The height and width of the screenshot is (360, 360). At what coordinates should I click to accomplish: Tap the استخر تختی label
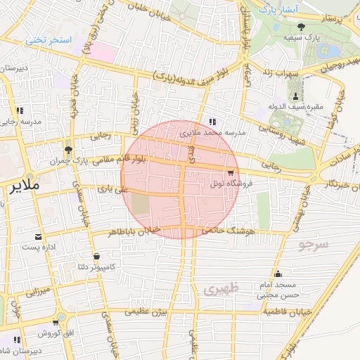point(49,40)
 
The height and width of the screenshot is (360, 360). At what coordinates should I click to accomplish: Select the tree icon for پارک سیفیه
point(302,26)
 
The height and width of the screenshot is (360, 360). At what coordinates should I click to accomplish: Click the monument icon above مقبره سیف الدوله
point(295,96)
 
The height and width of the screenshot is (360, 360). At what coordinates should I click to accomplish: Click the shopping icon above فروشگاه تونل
point(230,172)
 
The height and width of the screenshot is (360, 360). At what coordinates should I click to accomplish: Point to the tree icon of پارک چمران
point(67,149)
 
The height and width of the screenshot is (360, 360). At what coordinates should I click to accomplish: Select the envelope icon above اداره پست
point(39,236)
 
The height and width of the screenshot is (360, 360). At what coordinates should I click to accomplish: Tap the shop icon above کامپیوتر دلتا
point(96,256)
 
